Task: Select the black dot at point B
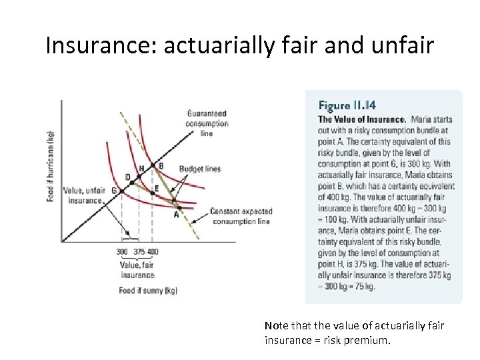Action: point(153,166)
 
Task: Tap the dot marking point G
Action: point(121,191)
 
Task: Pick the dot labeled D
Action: point(131,183)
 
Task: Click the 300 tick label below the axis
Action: point(122,251)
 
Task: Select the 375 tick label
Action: point(139,251)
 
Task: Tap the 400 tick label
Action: point(153,251)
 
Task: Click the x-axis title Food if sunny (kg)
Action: point(148,290)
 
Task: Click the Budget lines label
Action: point(199,169)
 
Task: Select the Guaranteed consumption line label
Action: point(207,123)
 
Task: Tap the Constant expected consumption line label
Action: point(240,216)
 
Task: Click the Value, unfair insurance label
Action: point(83,195)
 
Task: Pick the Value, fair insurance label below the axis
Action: point(137,270)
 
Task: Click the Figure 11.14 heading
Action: point(347,105)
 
